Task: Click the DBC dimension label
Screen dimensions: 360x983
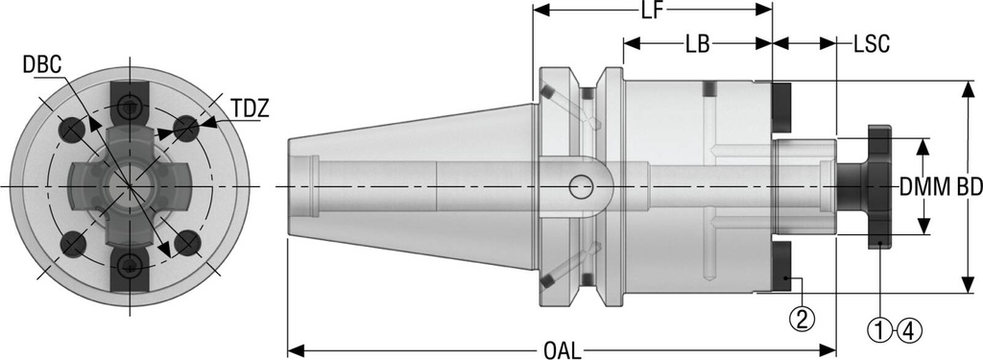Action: pos(43,64)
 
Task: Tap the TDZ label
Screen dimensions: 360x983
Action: pos(248,108)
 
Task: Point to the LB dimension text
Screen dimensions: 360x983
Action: pos(698,44)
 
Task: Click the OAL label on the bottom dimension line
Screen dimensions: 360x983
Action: pos(563,349)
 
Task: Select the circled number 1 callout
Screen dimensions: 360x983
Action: pos(879,331)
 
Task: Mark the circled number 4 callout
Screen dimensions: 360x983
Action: pos(909,331)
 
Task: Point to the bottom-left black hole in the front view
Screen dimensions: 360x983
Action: pos(72,245)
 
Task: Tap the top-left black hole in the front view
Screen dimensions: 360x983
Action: pos(71,127)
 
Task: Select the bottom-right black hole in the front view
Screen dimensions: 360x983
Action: pos(187,244)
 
